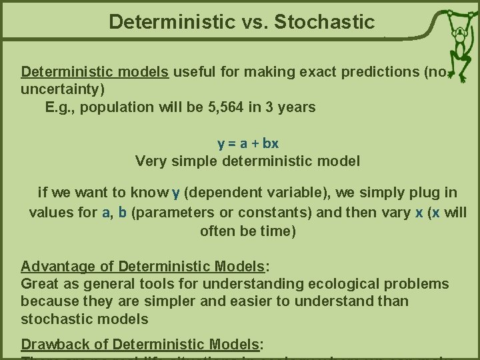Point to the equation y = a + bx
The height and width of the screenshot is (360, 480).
[248, 143]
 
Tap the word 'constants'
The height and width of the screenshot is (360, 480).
[269, 212]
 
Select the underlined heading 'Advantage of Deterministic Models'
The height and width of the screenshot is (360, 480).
[143, 267]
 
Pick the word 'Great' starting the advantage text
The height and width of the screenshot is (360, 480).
[39, 285]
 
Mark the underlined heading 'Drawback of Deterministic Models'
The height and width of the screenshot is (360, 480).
[139, 344]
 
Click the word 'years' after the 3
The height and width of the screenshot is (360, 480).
[297, 107]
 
